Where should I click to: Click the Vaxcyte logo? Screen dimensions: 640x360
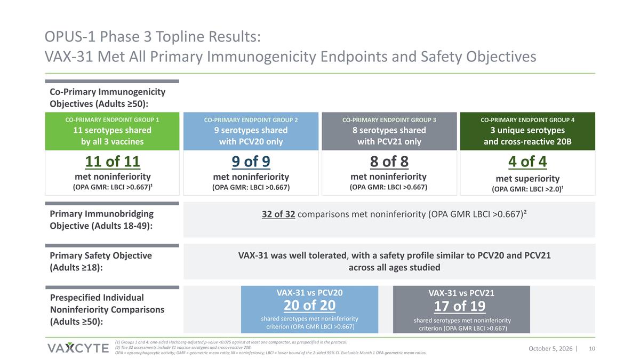point(78,348)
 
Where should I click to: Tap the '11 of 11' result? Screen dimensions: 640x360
point(113,162)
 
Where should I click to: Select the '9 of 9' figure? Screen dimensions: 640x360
point(251,162)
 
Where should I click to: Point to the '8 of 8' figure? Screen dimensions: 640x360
point(389,162)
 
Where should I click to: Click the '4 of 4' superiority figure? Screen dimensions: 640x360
point(527,162)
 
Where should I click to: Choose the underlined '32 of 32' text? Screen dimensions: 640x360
point(278,214)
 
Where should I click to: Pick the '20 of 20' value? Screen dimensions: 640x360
point(309,305)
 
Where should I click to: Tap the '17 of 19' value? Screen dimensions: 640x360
point(460,306)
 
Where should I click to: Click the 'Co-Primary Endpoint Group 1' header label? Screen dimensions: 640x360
point(112,119)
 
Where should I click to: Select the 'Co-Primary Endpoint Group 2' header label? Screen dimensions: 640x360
point(251,120)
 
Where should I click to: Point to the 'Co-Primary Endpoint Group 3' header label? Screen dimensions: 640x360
point(389,120)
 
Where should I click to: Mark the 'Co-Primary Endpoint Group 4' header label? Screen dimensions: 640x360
point(527,120)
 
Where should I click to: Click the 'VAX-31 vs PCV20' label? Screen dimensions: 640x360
point(309,293)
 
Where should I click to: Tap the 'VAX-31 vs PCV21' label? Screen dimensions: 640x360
point(461,293)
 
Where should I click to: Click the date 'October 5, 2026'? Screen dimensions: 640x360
point(550,349)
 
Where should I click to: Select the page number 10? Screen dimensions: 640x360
point(592,349)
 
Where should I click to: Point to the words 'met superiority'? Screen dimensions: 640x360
point(527,179)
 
